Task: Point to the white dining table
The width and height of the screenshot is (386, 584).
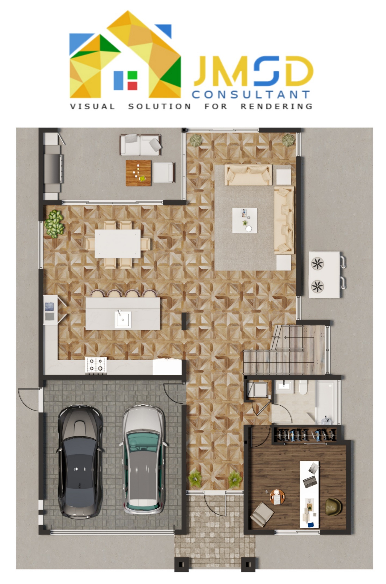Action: (x=117, y=243)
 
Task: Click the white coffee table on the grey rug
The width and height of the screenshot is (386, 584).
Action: (x=245, y=220)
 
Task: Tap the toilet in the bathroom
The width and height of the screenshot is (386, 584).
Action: (x=303, y=387)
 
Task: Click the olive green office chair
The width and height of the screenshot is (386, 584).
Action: (x=333, y=506)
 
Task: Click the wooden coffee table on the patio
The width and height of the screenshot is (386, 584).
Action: (x=138, y=173)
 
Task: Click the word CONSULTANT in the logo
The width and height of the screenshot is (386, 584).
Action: (x=251, y=95)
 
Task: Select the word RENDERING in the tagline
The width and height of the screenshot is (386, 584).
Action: (x=276, y=106)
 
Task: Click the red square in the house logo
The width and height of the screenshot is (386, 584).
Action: (x=132, y=85)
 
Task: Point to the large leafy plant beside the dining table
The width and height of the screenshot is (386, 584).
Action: (x=55, y=224)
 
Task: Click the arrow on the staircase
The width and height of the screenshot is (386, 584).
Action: (x=285, y=338)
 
